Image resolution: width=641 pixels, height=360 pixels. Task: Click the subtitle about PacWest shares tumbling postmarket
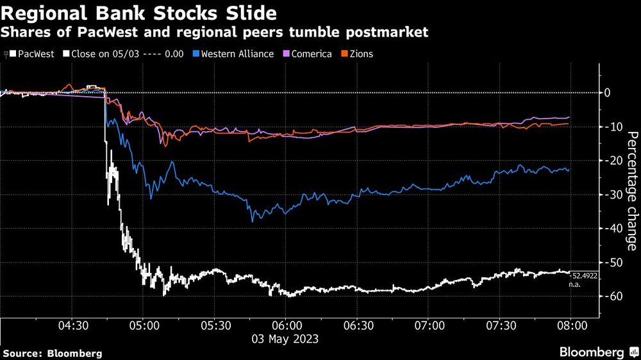pos(215,32)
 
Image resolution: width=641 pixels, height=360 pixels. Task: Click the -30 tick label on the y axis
pos(613,195)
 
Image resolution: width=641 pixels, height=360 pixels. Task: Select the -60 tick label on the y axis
pos(613,296)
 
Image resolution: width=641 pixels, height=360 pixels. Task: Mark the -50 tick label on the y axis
pos(613,263)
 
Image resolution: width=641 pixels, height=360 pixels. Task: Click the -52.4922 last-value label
pos(584,274)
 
